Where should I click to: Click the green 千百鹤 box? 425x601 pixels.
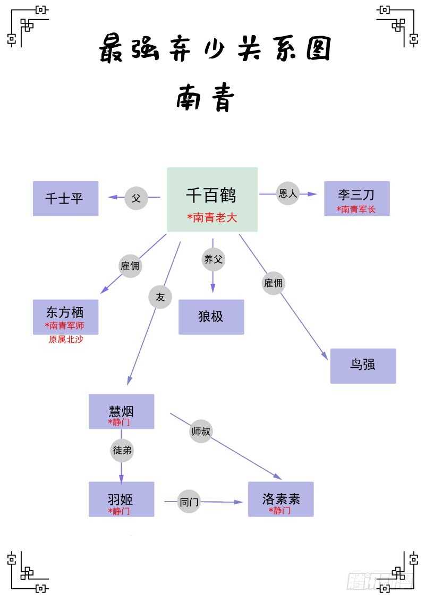click(x=212, y=199)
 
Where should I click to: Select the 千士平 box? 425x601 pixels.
click(x=65, y=199)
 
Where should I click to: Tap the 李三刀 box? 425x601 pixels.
click(x=356, y=199)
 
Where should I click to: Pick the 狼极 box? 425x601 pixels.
click(x=211, y=317)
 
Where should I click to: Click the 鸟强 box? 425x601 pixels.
click(x=363, y=366)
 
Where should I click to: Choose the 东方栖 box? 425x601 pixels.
click(x=65, y=317)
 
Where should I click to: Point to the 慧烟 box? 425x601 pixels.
click(x=121, y=411)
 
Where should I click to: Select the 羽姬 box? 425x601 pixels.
click(x=121, y=499)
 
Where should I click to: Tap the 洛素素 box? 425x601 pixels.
click(x=280, y=499)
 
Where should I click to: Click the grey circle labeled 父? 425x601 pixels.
click(x=136, y=198)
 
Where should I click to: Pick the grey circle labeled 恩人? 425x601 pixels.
click(x=288, y=193)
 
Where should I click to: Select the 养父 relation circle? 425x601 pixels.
click(x=214, y=259)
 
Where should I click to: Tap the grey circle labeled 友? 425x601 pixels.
click(x=160, y=297)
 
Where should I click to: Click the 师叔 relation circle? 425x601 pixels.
click(x=201, y=431)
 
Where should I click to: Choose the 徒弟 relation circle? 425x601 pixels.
click(x=122, y=451)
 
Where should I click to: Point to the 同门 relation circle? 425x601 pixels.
click(x=189, y=501)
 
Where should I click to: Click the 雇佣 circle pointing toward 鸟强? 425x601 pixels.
click(x=273, y=283)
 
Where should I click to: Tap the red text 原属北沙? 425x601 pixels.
click(x=66, y=340)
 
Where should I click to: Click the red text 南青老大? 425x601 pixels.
click(x=212, y=217)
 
